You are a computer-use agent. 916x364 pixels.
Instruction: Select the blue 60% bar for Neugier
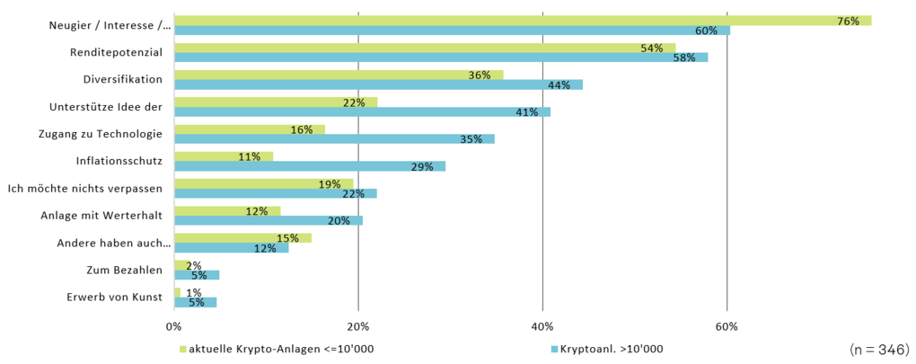pos(452,31)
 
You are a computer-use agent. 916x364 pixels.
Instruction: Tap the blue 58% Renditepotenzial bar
pos(440,58)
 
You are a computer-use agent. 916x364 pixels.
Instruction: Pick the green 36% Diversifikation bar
pos(338,75)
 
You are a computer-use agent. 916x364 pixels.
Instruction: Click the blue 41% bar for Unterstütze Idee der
pos(362,112)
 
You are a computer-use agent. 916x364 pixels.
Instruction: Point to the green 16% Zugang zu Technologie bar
pos(249,129)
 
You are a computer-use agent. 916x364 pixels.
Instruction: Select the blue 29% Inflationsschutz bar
pos(309,166)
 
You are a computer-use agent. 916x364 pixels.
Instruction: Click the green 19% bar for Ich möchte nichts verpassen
pos(263,183)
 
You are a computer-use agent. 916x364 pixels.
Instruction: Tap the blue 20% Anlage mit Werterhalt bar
pos(268,221)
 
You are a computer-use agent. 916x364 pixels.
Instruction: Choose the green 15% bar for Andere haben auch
pos(242,238)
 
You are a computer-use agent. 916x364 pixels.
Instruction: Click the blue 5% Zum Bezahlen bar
pos(196,275)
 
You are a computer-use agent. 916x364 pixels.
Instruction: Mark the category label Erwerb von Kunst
pos(114,297)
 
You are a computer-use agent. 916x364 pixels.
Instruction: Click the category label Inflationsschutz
pos(119,162)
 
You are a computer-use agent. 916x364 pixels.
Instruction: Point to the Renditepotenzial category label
pos(116,53)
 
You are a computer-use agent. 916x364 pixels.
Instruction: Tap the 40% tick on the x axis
pos(542,325)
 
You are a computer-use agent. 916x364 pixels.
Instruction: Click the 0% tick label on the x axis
pos(173,325)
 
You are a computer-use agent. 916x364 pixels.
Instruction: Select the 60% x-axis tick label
pos(727,325)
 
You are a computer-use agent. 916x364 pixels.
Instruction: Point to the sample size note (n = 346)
pos(878,349)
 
